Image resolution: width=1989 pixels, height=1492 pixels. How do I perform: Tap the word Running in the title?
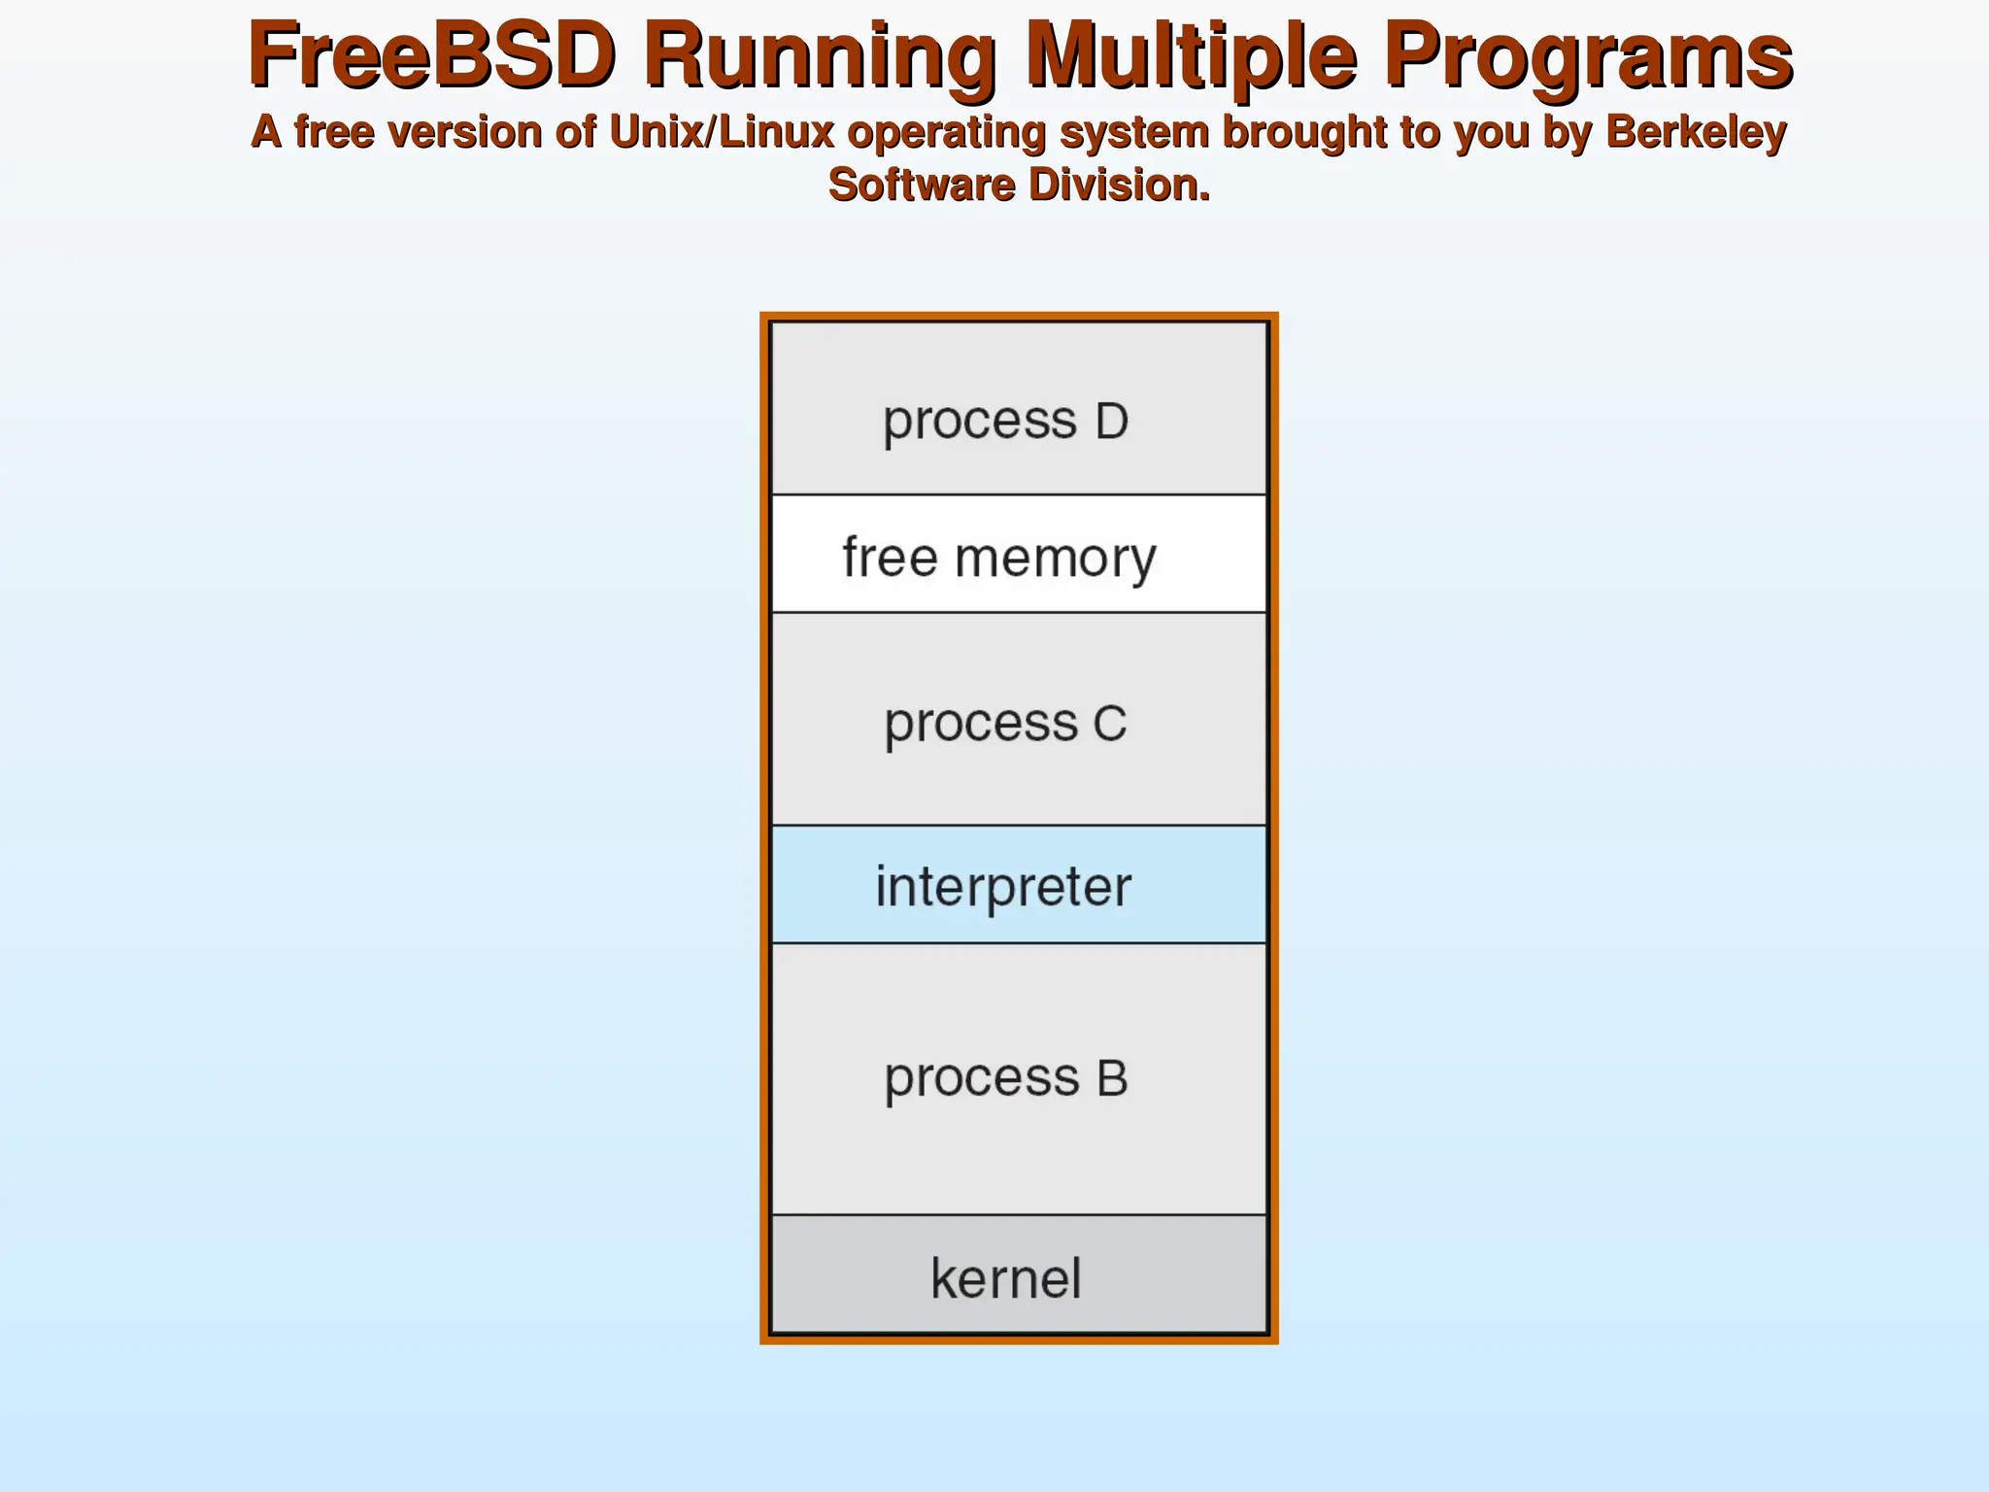[819, 55]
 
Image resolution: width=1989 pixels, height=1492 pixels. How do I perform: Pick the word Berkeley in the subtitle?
[1696, 132]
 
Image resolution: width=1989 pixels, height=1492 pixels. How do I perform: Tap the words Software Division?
[1019, 185]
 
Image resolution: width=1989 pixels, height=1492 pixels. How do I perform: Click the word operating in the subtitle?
[947, 132]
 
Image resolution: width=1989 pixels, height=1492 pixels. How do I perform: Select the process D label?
[1005, 421]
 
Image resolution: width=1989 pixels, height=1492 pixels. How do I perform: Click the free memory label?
[999, 558]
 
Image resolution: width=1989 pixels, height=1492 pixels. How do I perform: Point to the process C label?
[1005, 723]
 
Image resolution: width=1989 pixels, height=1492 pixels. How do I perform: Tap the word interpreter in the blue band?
[1003, 886]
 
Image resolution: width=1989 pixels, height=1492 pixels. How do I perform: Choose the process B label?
[1005, 1077]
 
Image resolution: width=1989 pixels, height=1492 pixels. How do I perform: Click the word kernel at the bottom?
[1005, 1277]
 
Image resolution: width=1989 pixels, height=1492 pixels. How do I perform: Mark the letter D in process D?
[1111, 421]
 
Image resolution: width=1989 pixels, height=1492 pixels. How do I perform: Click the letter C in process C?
[1110, 723]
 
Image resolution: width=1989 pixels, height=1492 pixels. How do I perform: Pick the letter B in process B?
[1112, 1077]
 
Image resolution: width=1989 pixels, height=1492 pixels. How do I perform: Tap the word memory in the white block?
[1056, 559]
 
